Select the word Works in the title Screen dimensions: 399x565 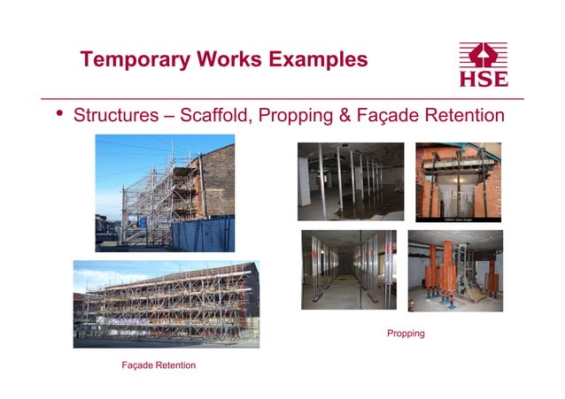(x=224, y=60)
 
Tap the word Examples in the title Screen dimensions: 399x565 (x=315, y=60)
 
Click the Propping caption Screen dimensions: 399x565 (x=406, y=334)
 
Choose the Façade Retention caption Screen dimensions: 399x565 (x=159, y=365)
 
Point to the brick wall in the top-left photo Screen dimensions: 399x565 (x=218, y=177)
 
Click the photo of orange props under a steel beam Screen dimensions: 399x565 (x=458, y=181)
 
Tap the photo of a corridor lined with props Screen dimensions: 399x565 (x=348, y=269)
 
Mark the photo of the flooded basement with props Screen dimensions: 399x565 (x=350, y=181)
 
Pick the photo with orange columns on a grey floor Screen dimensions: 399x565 (x=455, y=270)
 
